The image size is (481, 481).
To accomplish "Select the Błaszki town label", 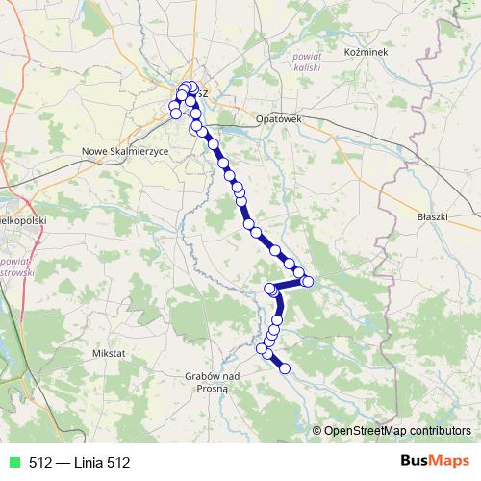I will point(432,216).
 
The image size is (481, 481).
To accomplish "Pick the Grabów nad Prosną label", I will point(215,382).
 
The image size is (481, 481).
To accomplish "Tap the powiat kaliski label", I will point(307,63).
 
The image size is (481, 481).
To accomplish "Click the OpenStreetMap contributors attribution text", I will point(397,431).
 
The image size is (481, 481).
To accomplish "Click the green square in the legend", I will point(13,463).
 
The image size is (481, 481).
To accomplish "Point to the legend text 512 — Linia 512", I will point(79,463).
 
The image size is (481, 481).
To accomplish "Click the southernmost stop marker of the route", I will point(284,367).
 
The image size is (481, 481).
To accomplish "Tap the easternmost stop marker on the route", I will point(308,281).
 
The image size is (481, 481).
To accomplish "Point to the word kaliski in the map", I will point(307,68).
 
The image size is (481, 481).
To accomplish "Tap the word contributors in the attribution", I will point(440,431).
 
